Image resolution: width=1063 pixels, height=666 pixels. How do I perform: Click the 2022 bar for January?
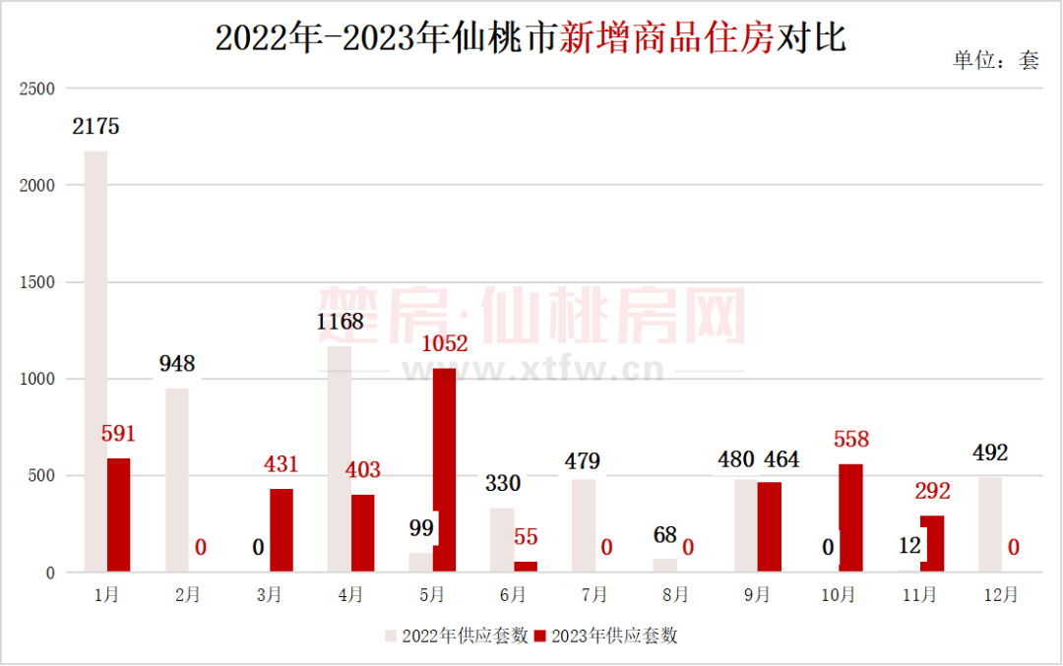[x=95, y=361]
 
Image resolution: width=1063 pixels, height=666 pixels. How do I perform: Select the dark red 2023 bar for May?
[x=444, y=470]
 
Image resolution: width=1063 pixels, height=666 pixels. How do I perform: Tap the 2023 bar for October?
[x=851, y=517]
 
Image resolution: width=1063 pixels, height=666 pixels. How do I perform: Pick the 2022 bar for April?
[x=340, y=458]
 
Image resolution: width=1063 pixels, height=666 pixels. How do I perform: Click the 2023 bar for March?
[x=281, y=530]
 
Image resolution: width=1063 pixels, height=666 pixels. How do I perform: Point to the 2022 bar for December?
[x=989, y=524]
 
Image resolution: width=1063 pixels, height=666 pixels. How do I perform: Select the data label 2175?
[x=95, y=127]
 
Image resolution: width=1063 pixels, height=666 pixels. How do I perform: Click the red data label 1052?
[x=444, y=344]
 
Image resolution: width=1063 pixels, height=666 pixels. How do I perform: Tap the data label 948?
[x=177, y=364]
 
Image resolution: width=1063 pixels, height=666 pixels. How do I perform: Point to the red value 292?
[x=932, y=492]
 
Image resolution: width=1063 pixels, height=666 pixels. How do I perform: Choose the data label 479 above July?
[x=583, y=460]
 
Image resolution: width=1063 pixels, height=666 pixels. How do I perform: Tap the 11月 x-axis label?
[x=919, y=595]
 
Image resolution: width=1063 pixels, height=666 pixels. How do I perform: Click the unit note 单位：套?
[x=995, y=60]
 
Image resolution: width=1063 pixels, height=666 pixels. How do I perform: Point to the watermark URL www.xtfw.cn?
[x=531, y=371]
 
